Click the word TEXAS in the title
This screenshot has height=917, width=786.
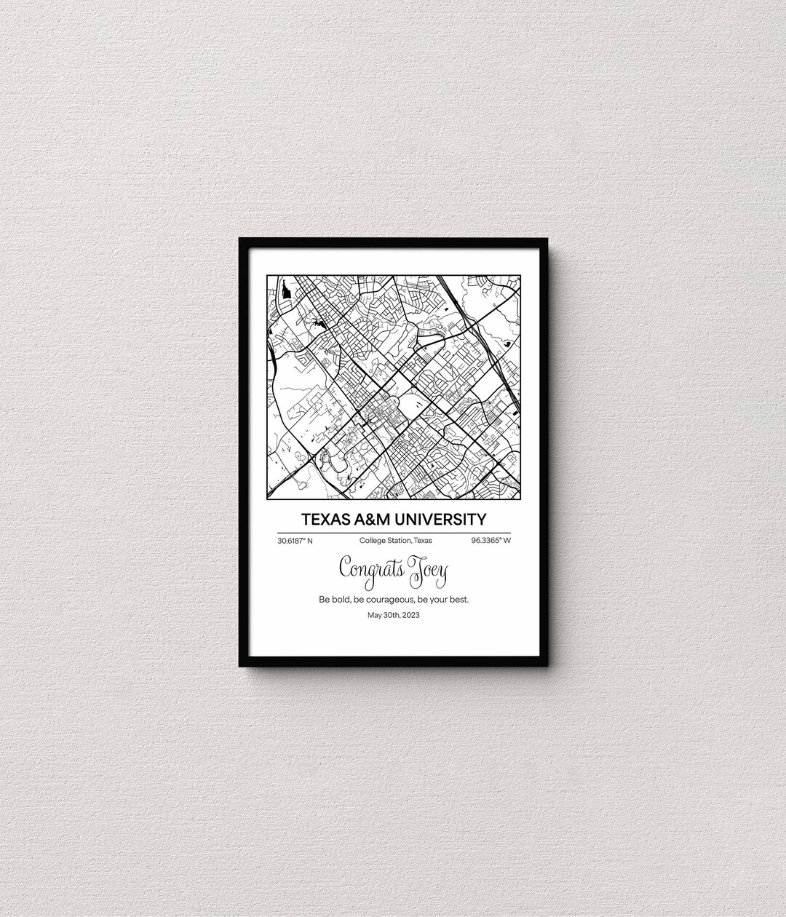(x=325, y=520)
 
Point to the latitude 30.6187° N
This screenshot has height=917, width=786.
(x=295, y=541)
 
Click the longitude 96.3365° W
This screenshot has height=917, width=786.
(x=491, y=541)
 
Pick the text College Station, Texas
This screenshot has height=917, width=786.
(x=395, y=541)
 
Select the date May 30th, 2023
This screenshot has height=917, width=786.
(x=394, y=615)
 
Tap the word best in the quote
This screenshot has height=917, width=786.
(x=458, y=600)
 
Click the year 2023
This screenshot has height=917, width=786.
(x=410, y=615)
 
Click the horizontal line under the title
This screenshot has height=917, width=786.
(x=394, y=532)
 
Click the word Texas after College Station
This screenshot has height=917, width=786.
(x=422, y=541)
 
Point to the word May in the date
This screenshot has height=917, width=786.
(x=374, y=615)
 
